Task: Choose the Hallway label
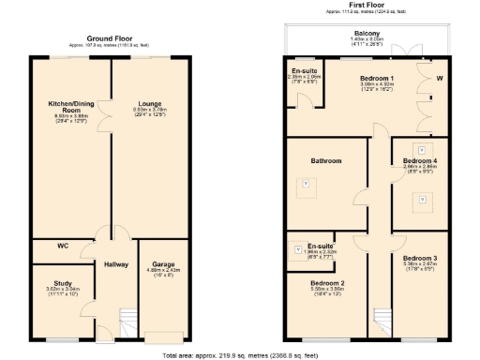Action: click(116, 264)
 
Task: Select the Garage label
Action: click(162, 264)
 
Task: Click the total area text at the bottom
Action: click(240, 355)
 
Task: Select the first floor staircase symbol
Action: click(381, 320)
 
